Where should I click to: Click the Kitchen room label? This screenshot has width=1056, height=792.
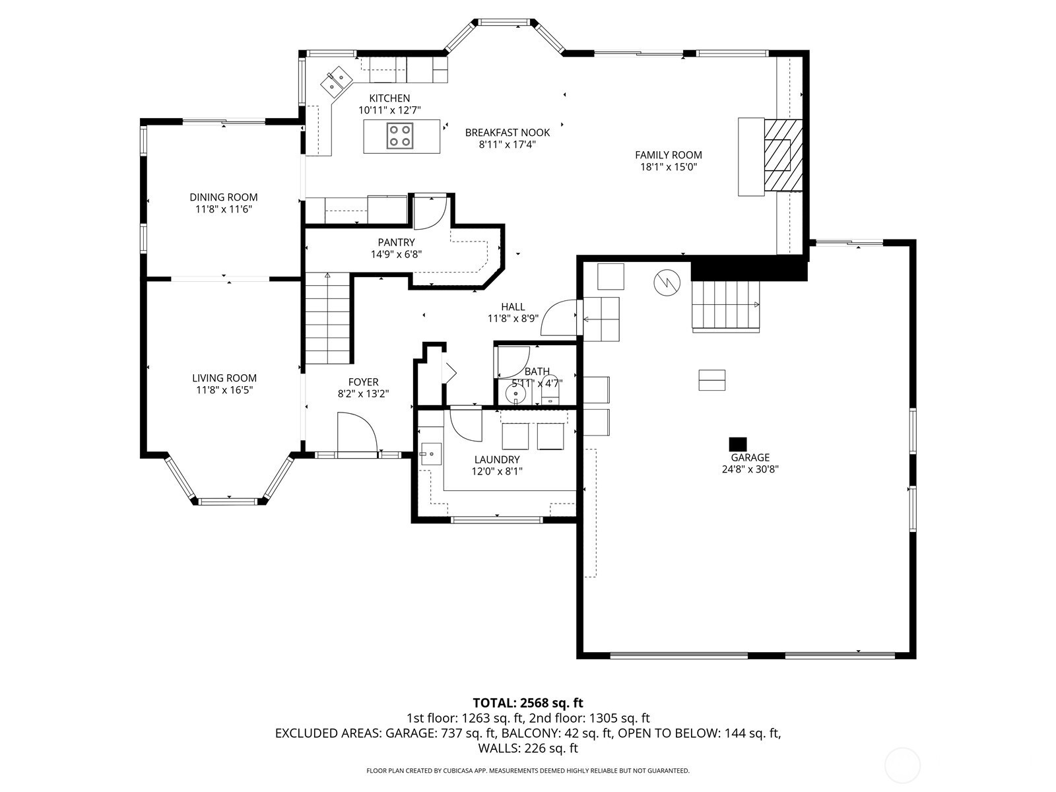(x=389, y=98)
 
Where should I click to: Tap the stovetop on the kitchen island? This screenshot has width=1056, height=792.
(x=399, y=136)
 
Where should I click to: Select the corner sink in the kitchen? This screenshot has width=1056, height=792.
(x=337, y=82)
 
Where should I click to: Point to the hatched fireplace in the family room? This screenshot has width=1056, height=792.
(x=783, y=154)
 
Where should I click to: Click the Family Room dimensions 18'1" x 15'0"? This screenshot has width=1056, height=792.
(x=668, y=167)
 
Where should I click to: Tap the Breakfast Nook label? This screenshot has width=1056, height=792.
(x=507, y=132)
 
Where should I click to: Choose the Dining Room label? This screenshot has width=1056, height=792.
(x=223, y=197)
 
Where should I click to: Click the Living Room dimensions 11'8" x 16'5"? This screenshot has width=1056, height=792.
(x=224, y=390)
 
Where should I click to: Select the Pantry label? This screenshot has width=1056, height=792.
(x=396, y=242)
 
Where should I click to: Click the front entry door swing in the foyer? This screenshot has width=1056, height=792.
(x=356, y=432)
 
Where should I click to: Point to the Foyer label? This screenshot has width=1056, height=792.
(x=363, y=382)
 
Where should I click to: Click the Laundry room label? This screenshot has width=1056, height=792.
(x=497, y=459)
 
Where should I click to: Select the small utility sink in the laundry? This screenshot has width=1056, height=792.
(x=431, y=453)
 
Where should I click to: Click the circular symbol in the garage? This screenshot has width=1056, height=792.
(x=667, y=282)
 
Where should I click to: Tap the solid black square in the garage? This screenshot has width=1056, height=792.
(x=737, y=444)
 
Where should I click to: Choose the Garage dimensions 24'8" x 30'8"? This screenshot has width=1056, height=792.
(x=750, y=469)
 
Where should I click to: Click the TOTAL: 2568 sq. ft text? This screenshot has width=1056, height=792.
(x=528, y=703)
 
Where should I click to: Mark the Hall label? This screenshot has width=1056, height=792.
(x=513, y=307)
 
